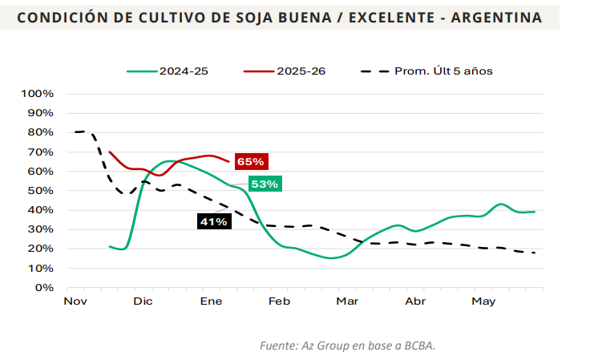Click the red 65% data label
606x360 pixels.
[x=250, y=161]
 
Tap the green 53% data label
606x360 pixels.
[x=264, y=184]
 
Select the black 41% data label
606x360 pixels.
[x=214, y=220]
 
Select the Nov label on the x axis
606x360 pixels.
[x=75, y=301]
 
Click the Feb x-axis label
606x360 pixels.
[x=279, y=301]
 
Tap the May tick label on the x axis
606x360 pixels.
[x=483, y=301]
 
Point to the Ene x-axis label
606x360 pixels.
[x=211, y=301]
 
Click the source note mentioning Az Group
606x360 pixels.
[x=347, y=346]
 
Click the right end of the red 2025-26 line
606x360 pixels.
[x=229, y=162]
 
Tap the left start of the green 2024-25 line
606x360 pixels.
[x=109, y=246]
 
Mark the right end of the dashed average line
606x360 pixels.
[x=535, y=253]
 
